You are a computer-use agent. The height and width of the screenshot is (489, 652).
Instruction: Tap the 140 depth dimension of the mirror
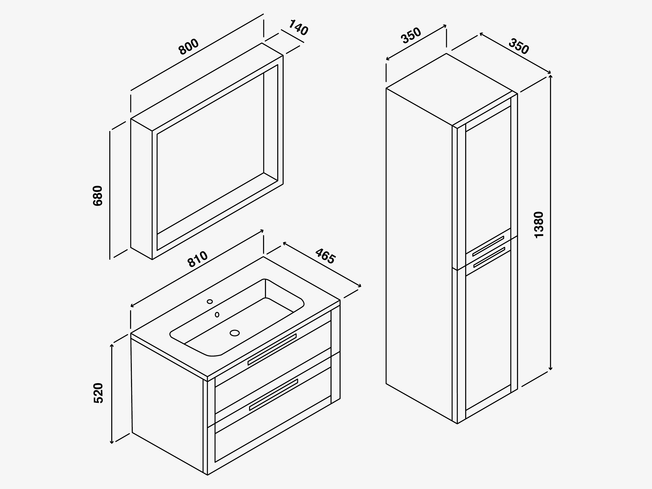pyautogui.click(x=298, y=27)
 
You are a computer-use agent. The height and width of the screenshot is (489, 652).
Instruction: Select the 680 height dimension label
pyautogui.click(x=98, y=196)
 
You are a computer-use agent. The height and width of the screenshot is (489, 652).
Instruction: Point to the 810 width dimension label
pyautogui.click(x=198, y=259)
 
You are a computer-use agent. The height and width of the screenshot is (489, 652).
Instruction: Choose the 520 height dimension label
pyautogui.click(x=98, y=393)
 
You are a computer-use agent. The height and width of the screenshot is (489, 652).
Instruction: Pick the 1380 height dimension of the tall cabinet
pyautogui.click(x=539, y=225)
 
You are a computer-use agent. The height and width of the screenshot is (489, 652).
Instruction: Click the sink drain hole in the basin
pyautogui.click(x=235, y=333)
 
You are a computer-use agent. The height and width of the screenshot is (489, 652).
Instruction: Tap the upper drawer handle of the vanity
pyautogui.click(x=272, y=350)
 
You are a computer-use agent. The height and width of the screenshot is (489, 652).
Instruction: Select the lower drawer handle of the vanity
pyautogui.click(x=274, y=395)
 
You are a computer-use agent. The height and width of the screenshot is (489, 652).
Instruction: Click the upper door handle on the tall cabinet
pyautogui.click(x=488, y=246)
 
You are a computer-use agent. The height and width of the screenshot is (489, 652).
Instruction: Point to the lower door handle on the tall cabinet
pyautogui.click(x=489, y=257)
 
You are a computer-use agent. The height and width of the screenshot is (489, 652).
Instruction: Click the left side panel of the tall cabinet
pyautogui.click(x=419, y=255)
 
